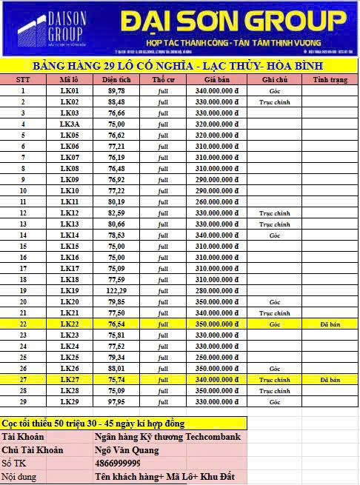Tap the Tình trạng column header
pyautogui.click(x=330, y=79)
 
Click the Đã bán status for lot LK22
pyautogui.click(x=330, y=324)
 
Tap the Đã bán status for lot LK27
pyautogui.click(x=330, y=379)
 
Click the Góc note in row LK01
pyautogui.click(x=274, y=90)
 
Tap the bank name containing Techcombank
pyautogui.click(x=167, y=437)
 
